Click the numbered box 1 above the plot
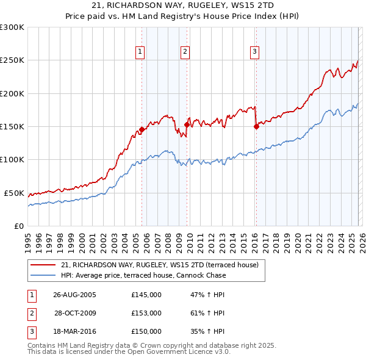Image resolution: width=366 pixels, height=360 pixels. tap(141, 52)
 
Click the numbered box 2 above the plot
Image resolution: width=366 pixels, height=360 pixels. tap(184, 52)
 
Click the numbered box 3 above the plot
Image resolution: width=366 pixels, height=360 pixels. tap(254, 52)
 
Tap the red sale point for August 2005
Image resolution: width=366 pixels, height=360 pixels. tap(142, 129)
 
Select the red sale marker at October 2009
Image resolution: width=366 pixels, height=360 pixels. tap(187, 124)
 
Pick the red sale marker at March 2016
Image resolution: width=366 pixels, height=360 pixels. tap(256, 126)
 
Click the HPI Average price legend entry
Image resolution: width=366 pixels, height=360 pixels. tap(143, 275)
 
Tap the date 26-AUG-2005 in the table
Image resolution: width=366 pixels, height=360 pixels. tap(74, 295)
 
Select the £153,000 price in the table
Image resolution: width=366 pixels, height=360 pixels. tap(146, 313)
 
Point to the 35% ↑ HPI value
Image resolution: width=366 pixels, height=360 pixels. tap(207, 331)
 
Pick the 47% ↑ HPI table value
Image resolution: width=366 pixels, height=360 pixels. tap(207, 295)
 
